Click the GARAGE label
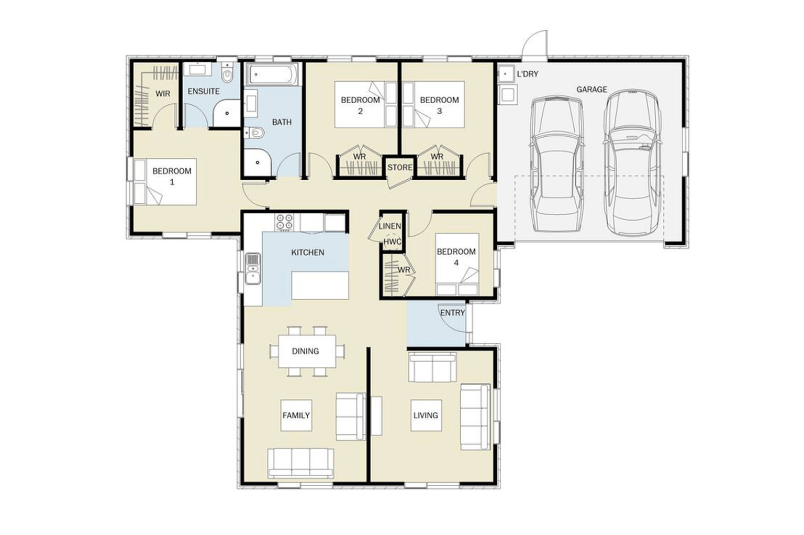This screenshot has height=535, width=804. coord(591,89)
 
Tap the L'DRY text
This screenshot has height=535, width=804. coord(527,74)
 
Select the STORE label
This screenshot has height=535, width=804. coord(399,168)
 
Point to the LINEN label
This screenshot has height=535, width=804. coord(389,226)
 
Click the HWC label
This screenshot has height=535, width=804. coord(392,242)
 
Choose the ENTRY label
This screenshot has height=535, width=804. coord(452,313)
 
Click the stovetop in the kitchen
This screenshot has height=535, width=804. coord(284,222)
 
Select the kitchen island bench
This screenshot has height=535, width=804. coord(320,285)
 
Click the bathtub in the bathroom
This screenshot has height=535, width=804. coord(271,74)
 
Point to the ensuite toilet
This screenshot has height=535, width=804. coord(227,73)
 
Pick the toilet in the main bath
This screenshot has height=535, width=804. coord(254,133)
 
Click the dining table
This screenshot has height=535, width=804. coord(307,351)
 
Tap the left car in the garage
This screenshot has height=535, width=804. coord(556,164)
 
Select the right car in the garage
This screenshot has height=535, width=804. coord(632,162)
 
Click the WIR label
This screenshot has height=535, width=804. coord(163,94)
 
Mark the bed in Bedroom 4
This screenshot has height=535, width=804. coord(457,265)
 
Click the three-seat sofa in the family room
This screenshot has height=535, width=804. coord(300,463)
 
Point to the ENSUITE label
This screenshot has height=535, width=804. coord(204,91)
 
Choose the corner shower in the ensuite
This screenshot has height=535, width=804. coord(227,113)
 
